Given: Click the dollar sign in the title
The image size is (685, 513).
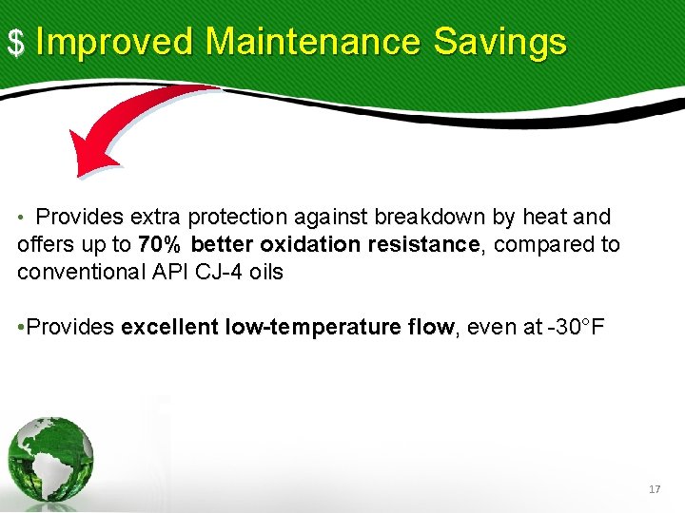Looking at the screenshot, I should [15, 43].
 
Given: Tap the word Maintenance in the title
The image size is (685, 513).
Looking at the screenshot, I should [312, 42].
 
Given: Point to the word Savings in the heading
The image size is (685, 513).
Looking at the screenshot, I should [499, 42].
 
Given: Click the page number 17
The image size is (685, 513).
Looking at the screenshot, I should [654, 489].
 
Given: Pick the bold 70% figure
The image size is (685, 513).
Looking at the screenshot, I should [161, 244].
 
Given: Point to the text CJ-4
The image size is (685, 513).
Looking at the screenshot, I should [225, 272].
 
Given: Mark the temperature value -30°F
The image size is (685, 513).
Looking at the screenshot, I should [569, 328].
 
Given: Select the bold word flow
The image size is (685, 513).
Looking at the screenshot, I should [430, 328].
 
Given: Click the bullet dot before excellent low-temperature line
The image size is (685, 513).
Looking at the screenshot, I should [21, 328].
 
